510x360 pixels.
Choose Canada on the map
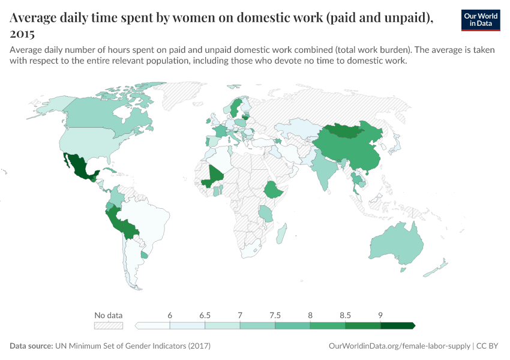(102, 114)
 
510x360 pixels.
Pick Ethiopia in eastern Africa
(274, 191)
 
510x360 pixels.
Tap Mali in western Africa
(213, 175)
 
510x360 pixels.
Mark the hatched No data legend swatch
(109, 326)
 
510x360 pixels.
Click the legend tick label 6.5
(205, 315)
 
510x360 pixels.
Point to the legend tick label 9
(380, 315)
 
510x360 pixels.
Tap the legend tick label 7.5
(275, 315)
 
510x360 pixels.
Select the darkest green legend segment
(397, 326)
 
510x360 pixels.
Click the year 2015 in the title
(22, 34)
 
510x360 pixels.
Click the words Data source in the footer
(31, 346)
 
